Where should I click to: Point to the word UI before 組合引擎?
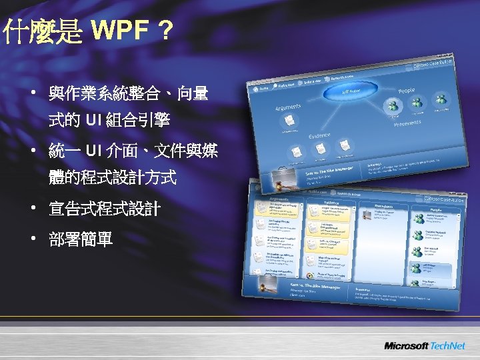point(92,121)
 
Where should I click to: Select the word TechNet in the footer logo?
point(447,346)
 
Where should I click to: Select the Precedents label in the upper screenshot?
point(406,124)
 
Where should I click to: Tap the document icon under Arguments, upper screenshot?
point(289,119)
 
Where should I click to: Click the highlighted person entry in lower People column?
point(434,269)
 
